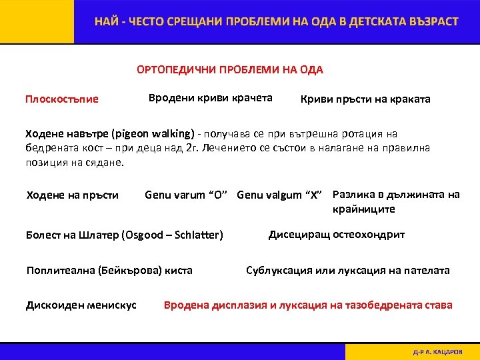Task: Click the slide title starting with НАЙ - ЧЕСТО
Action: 276,21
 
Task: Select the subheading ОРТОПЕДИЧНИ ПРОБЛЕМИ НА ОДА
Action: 229,70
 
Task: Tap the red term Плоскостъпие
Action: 61,99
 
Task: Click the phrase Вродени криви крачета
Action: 210,98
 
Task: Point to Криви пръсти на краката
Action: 366,99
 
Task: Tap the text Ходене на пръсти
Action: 72,195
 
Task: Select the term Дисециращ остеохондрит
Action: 336,234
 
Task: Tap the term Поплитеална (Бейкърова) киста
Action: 109,270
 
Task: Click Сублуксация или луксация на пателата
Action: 347,270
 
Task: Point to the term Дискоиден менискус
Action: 81,305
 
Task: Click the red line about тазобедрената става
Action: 308,305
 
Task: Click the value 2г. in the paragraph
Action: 193,147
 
